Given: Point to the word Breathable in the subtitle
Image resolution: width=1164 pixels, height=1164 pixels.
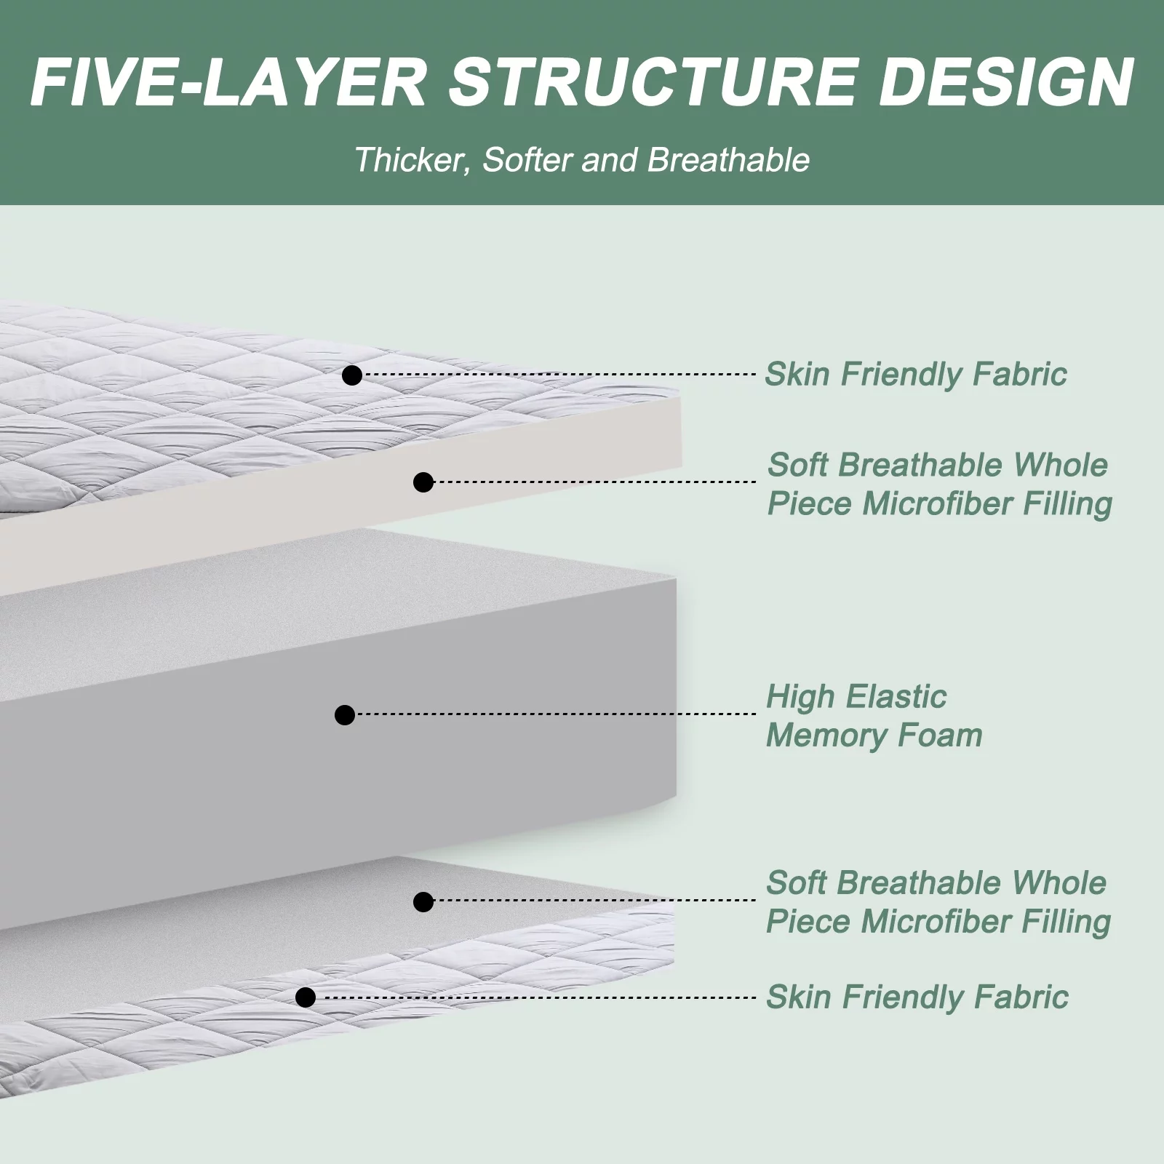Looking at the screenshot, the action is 728,159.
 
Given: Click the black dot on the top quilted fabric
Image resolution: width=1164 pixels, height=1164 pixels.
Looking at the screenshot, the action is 352,375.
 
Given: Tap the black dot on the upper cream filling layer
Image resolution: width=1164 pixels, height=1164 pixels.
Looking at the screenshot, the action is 423,482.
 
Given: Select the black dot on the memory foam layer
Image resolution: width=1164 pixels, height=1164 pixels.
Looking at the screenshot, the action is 345,714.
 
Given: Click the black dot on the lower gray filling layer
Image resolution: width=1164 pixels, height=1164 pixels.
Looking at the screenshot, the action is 423,902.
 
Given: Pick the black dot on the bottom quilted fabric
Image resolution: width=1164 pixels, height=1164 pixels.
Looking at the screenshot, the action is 306,997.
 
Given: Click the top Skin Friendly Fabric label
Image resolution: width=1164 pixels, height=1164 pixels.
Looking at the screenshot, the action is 916,375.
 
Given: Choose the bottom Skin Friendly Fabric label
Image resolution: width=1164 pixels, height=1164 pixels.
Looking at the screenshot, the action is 917,997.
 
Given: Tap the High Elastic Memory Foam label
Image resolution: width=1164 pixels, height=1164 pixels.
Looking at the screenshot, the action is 874,716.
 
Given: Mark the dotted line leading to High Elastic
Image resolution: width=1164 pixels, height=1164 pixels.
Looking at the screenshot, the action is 556,714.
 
